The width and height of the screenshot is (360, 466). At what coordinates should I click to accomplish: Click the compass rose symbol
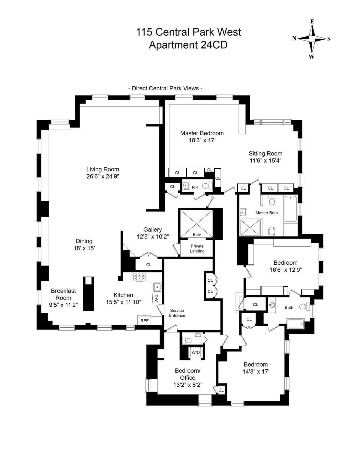tap(312, 39)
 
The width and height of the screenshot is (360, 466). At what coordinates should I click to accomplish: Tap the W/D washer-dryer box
tap(195, 353)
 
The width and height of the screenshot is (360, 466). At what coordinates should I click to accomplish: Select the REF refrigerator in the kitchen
tap(145, 320)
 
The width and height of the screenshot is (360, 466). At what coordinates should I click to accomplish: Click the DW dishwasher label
tap(156, 298)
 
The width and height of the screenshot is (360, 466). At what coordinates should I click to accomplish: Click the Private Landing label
tap(197, 248)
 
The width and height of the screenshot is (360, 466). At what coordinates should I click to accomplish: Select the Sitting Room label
tap(265, 154)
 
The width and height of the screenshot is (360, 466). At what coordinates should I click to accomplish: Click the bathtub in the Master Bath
tap(290, 209)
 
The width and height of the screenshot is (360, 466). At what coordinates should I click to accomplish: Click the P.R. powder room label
tap(196, 187)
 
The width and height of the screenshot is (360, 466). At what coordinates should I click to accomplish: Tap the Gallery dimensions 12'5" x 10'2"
tap(153, 236)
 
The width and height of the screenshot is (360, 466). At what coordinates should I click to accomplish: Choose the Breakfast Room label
tap(63, 294)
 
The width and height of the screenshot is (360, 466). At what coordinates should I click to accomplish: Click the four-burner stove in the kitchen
tap(140, 277)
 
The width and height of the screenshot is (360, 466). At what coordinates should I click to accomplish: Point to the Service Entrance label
tap(177, 313)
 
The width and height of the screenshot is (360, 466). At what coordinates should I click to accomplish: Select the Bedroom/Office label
tap(185, 374)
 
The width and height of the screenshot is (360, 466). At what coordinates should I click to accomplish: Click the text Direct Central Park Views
tap(165, 88)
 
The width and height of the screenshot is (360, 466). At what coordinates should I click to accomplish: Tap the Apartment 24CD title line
tap(188, 45)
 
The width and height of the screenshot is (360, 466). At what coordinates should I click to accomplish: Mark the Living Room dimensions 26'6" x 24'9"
tap(103, 176)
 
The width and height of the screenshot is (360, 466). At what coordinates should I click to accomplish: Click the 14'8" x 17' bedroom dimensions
tap(256, 371)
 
